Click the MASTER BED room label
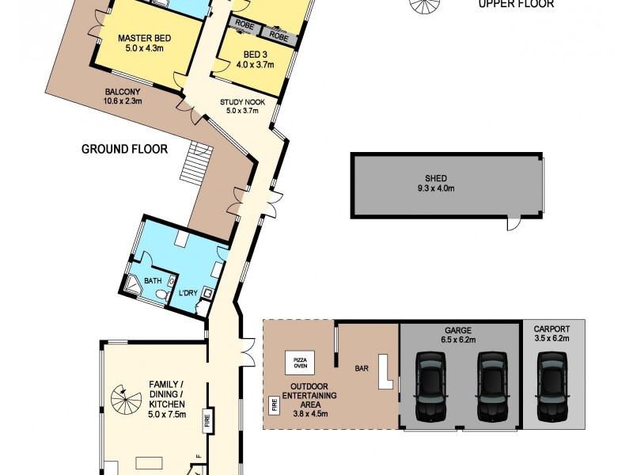pyautogui.click(x=140, y=44)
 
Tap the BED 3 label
pyautogui.click(x=254, y=59)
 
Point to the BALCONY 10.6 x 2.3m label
pyautogui.click(x=122, y=96)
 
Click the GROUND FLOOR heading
pyautogui.click(x=124, y=148)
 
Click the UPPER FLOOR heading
pyautogui.click(x=516, y=4)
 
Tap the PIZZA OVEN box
pyautogui.click(x=301, y=363)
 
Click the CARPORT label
pyautogui.click(x=553, y=330)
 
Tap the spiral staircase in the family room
pyautogui.click(x=123, y=395)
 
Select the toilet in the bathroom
pyautogui.click(x=162, y=294)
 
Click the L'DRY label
pyautogui.click(x=188, y=294)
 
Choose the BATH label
pyautogui.click(x=153, y=279)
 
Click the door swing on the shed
pyautogui.click(x=514, y=225)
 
